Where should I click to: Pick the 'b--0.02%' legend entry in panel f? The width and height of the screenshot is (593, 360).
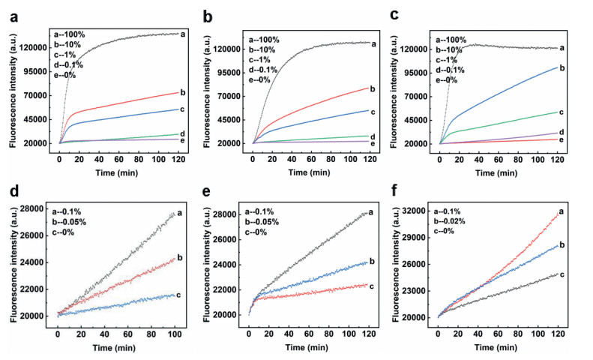[x=457, y=221]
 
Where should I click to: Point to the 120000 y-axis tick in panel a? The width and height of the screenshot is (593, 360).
[x=34, y=47]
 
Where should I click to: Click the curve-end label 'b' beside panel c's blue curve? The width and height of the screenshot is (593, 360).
[x=562, y=67]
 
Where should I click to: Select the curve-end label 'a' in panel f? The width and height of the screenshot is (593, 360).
[x=562, y=212]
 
